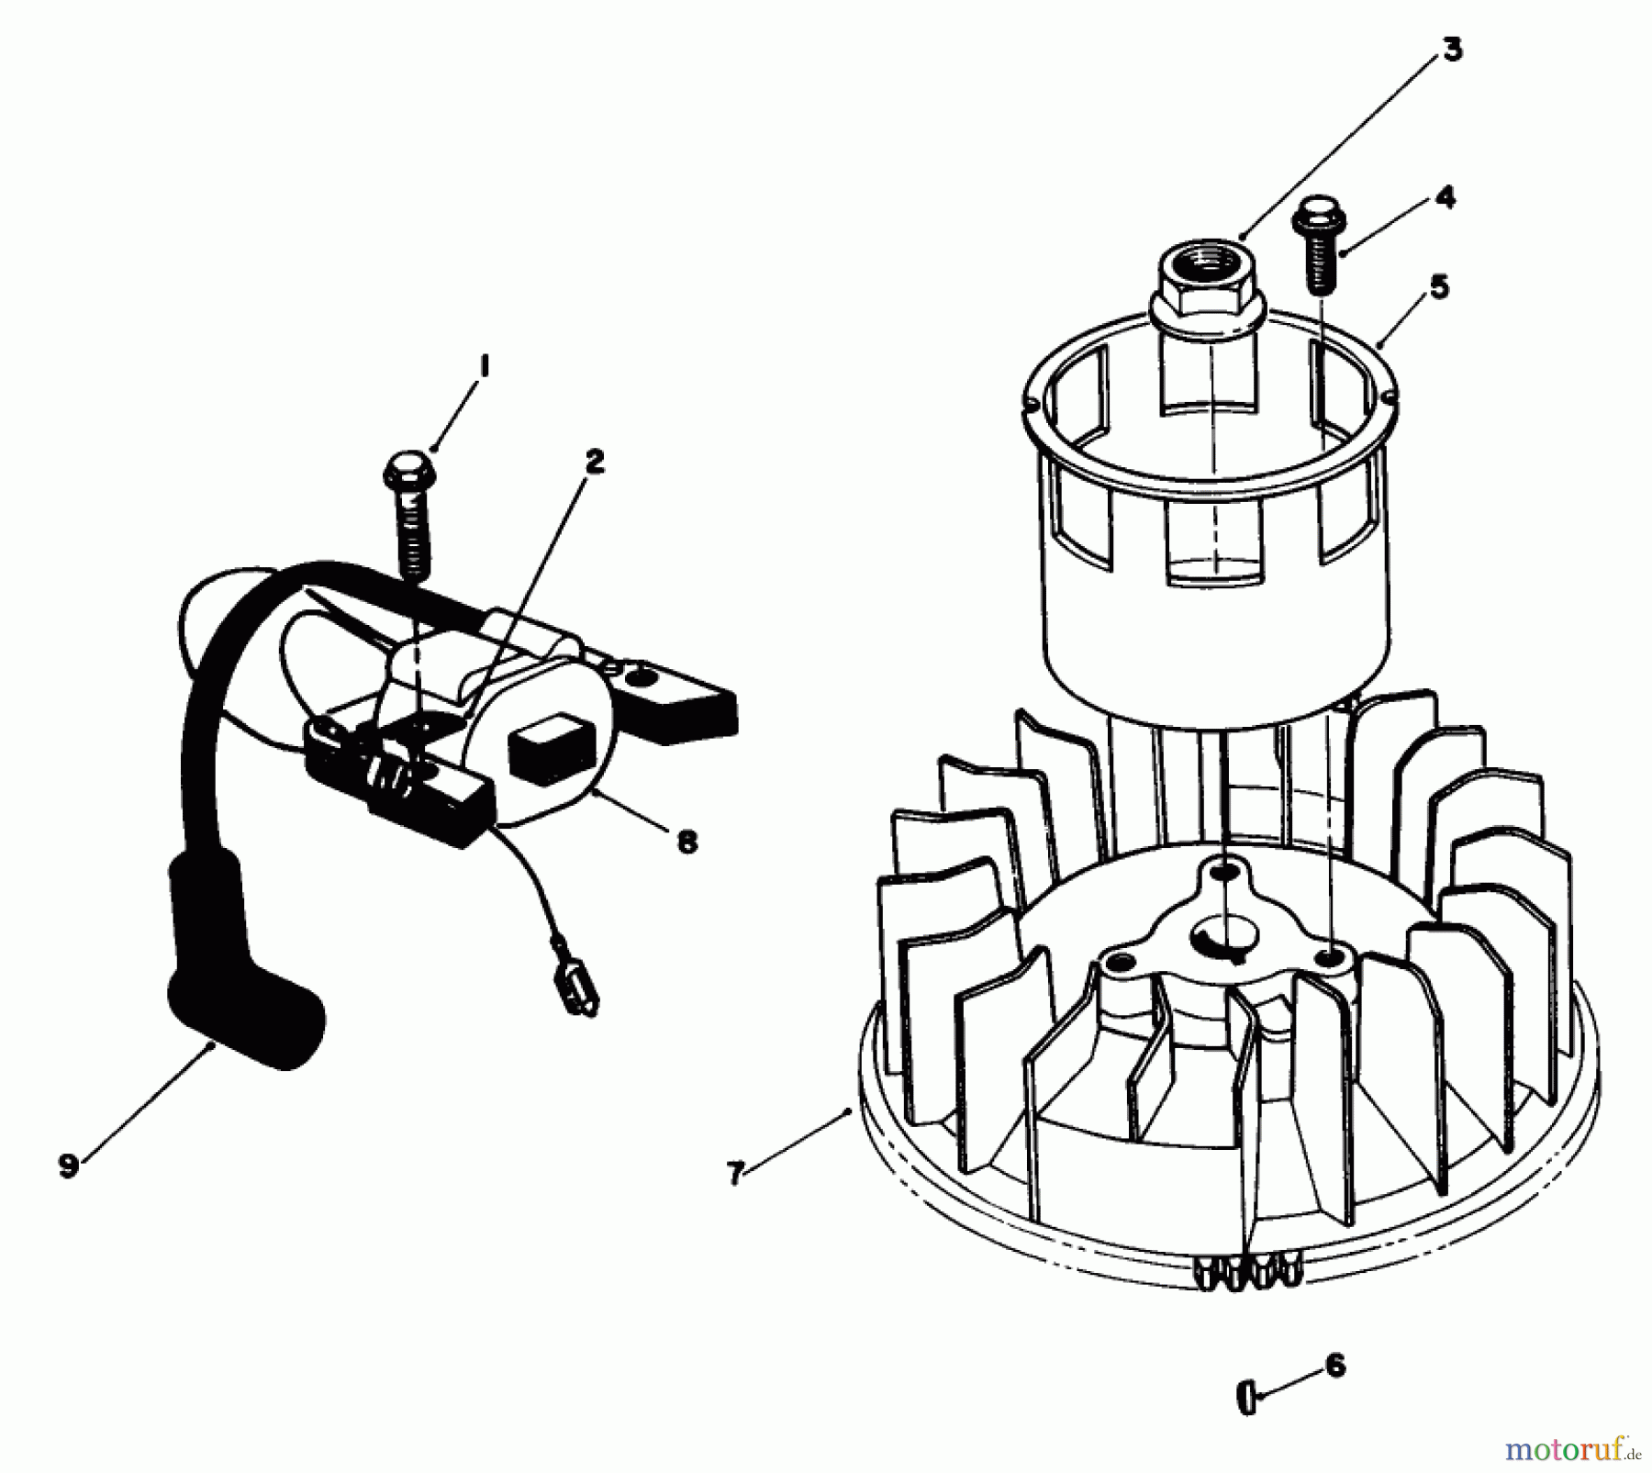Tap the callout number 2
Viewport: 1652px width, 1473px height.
[595, 462]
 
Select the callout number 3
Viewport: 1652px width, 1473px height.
[1451, 50]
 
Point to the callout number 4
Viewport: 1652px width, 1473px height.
[1445, 197]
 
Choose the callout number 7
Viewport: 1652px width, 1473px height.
[734, 1173]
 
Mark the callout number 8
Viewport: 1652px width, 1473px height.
[686, 841]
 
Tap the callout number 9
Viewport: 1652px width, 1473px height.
[68, 1166]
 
